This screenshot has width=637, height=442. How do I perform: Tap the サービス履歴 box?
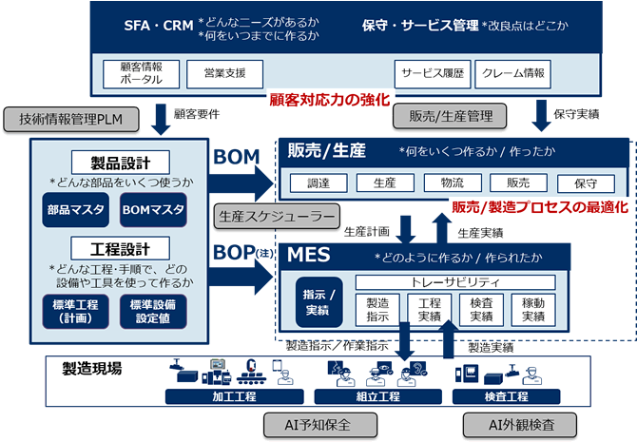(x=432, y=72)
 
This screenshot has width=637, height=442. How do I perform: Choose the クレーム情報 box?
(x=514, y=72)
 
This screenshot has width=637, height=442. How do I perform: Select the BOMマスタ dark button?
(x=152, y=209)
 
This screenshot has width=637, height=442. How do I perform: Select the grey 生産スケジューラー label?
(x=275, y=216)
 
